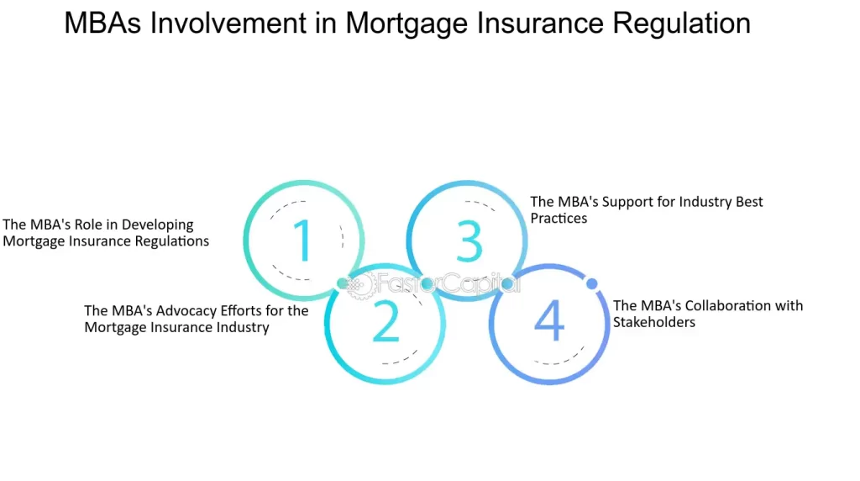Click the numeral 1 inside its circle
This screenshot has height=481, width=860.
tap(303, 240)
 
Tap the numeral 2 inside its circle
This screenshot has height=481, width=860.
tap(385, 322)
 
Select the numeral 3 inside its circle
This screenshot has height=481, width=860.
tap(469, 240)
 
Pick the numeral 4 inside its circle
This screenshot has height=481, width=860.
tap(549, 320)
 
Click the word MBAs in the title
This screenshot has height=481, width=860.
tap(102, 23)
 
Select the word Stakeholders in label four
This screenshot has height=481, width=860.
tap(653, 322)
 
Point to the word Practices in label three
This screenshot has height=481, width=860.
tap(558, 218)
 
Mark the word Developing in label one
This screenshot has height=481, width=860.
tap(157, 225)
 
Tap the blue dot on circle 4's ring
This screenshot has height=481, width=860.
tap(591, 283)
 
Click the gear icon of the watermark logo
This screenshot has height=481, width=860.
tap(361, 284)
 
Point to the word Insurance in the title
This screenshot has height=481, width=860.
tap(539, 23)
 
